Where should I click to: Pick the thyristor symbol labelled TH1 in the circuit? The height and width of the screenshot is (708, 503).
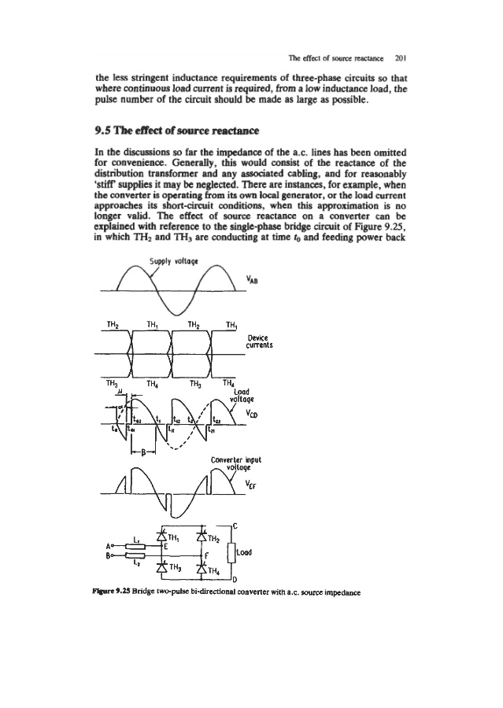click(x=170, y=539)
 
